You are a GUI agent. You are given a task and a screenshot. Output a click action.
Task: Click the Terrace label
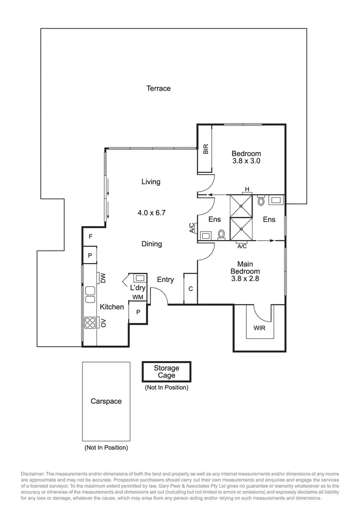(x=158, y=88)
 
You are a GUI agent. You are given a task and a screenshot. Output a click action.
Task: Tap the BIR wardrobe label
(x=206, y=149)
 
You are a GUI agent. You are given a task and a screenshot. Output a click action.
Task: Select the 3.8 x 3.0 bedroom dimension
(x=246, y=161)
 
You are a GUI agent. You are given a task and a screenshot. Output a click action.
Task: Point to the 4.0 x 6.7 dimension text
(x=151, y=212)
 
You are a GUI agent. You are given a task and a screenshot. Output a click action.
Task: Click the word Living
(x=151, y=182)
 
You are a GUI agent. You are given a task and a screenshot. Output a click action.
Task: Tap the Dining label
(x=151, y=244)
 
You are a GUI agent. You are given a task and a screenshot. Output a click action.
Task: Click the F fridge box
(x=90, y=237)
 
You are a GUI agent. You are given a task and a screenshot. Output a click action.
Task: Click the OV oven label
(x=103, y=323)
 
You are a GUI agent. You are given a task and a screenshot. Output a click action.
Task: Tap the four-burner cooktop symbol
(x=90, y=323)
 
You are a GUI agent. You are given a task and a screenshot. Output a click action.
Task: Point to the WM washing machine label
(x=138, y=297)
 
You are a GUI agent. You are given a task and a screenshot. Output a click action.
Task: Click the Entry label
(x=166, y=279)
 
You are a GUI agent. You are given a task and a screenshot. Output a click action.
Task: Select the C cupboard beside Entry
(x=191, y=289)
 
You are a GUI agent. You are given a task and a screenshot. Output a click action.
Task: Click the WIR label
(x=259, y=328)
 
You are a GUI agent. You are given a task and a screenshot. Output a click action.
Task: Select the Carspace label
(x=106, y=401)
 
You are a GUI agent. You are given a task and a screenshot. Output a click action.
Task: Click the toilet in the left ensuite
(x=221, y=234)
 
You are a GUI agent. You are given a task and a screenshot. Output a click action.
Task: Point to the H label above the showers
(x=247, y=190)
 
